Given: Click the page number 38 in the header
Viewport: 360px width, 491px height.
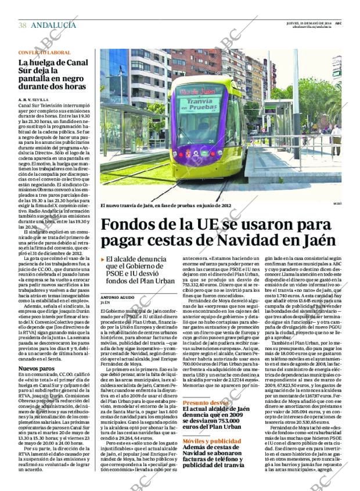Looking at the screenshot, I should point(23,25).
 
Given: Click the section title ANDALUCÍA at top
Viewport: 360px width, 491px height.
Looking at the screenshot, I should point(53,25).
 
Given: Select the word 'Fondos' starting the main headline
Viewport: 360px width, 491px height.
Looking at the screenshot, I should point(131,224).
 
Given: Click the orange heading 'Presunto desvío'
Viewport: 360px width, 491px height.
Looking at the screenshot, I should point(205,402).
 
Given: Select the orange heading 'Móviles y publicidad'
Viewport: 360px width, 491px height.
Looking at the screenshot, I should point(211,441).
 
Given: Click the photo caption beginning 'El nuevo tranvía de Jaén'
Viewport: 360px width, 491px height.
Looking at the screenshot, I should point(165,205).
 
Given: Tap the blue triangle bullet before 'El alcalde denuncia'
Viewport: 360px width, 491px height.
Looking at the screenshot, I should point(103,259).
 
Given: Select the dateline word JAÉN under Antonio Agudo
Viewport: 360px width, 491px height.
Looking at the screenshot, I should point(105,302).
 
